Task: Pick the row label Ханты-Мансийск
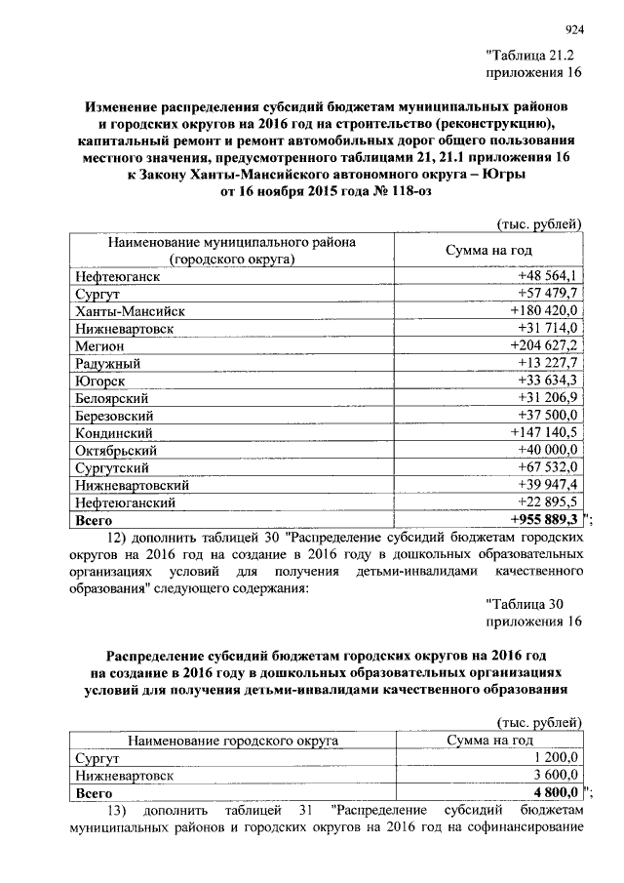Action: point(130,311)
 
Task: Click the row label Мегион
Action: point(99,345)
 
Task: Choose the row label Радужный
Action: point(109,363)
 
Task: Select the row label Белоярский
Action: point(111,398)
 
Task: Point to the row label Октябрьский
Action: point(115,450)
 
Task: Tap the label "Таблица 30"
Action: point(523,605)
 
